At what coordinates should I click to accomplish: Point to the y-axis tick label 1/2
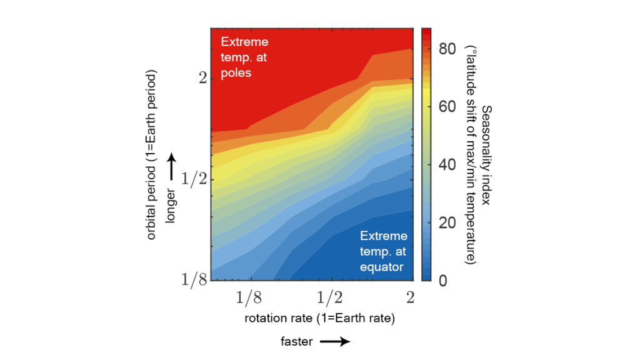pos(194,180)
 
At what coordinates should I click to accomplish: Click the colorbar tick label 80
pos(446,50)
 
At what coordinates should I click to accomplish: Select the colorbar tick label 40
pos(446,165)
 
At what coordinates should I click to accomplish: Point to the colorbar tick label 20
pos(446,223)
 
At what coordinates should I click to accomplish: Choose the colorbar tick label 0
pos(442,281)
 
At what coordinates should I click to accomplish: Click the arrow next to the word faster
pos(334,341)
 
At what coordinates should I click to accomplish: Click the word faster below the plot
pos(296,341)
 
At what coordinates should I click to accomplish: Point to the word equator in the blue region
pos(382,267)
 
